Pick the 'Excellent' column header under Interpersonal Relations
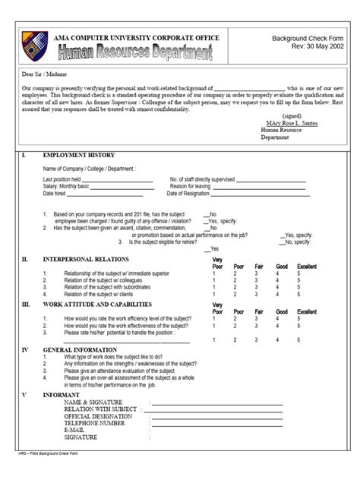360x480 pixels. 307,267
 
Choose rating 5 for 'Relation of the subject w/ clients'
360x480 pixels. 298,294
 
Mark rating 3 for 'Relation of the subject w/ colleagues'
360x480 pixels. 256,280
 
